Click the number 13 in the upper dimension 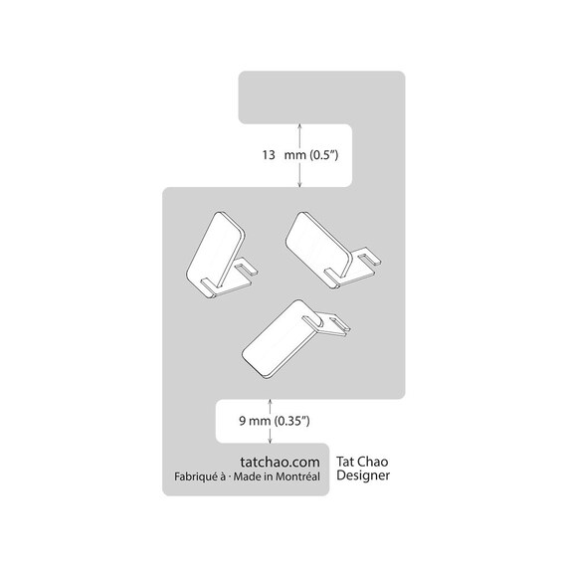coord(269,155)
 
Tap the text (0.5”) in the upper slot coord(322,155)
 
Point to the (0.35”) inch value coord(291,421)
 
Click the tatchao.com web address coord(280,462)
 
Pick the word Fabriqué coord(196,476)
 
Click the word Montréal coord(297,476)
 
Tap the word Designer coord(363,475)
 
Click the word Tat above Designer coord(344,462)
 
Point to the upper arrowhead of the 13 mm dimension coord(299,125)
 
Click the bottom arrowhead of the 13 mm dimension coord(299,185)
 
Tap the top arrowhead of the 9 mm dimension coord(270,402)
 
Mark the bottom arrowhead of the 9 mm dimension coord(270,441)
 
